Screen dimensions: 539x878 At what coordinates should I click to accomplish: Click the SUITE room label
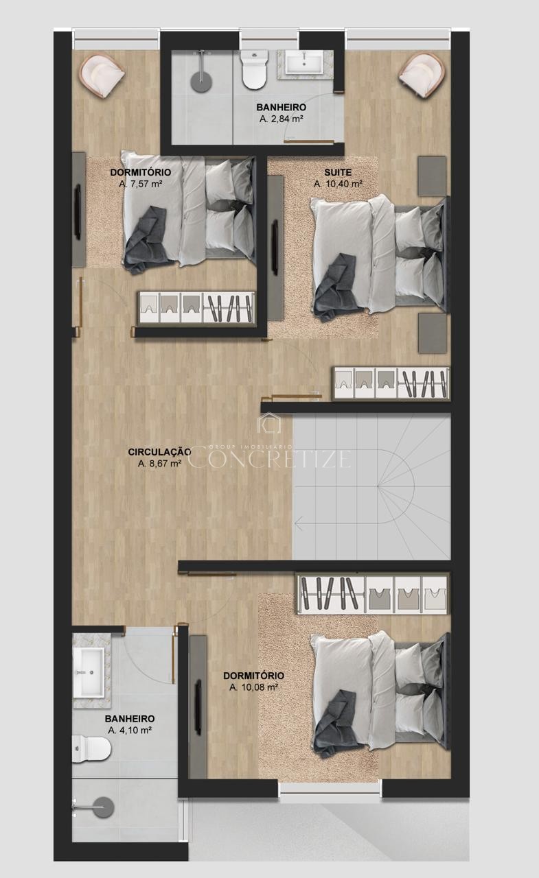(338, 172)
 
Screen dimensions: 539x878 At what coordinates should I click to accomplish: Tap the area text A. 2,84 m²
(282, 119)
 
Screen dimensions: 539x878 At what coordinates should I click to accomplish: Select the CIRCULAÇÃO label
(160, 452)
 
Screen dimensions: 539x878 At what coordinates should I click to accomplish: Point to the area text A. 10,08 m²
(254, 687)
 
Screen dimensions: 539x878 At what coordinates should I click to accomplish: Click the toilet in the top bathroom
(254, 70)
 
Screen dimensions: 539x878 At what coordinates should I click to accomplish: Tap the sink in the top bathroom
(303, 62)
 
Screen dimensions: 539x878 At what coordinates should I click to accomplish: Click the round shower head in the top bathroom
(202, 82)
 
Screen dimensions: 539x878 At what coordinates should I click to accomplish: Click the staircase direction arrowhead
(299, 523)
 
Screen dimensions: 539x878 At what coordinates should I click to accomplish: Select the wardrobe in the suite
(391, 383)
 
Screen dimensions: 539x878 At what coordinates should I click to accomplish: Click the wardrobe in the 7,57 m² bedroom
(196, 309)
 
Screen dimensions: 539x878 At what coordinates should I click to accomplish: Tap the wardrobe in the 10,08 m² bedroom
(373, 593)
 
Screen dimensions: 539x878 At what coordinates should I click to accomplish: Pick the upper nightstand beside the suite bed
(432, 176)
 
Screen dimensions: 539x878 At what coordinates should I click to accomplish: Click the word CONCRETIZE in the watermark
(269, 459)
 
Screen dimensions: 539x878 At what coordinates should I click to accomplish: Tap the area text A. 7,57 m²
(141, 183)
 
